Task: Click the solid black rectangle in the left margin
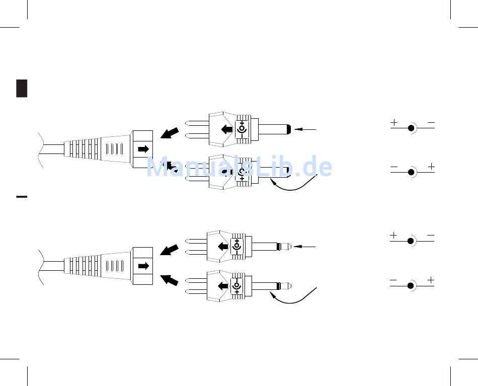coord(22,89)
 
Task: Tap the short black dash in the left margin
coord(22,197)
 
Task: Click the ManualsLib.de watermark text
coord(240,167)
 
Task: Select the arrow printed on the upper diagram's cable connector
coord(143,149)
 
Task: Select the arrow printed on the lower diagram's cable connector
coord(143,266)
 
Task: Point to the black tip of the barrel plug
coord(289,129)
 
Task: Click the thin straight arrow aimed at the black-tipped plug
coord(305,129)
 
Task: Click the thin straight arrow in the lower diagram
coord(304,247)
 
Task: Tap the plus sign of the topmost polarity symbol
coord(394,123)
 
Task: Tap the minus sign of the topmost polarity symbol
coord(431,123)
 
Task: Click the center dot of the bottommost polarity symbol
coord(411,286)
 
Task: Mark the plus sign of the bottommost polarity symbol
coord(431,280)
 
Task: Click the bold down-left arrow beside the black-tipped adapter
coord(170,133)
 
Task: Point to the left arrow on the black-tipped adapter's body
coord(227,129)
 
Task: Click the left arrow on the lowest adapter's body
coord(223,286)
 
